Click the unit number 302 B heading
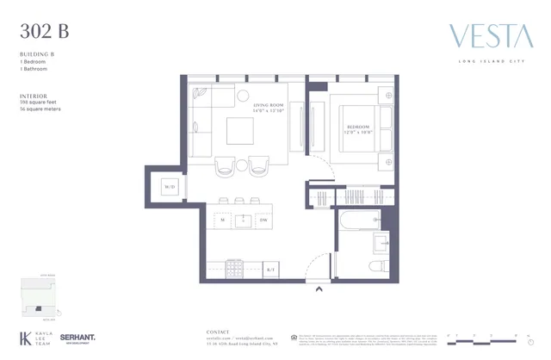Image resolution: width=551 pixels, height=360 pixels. pyautogui.click(x=44, y=33)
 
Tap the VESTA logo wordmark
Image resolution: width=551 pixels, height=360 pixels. pyautogui.click(x=490, y=38)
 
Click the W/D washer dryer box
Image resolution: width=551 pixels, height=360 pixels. pyautogui.click(x=170, y=186)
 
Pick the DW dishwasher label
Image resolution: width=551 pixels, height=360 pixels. pyautogui.click(x=263, y=220)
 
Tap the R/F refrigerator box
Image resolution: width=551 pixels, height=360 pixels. pyautogui.click(x=269, y=270)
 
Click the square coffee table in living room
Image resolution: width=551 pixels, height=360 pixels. pyautogui.click(x=240, y=132)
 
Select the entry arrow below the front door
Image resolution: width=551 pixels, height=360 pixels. pyautogui.click(x=319, y=290)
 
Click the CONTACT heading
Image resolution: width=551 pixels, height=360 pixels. pyautogui.click(x=220, y=332)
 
